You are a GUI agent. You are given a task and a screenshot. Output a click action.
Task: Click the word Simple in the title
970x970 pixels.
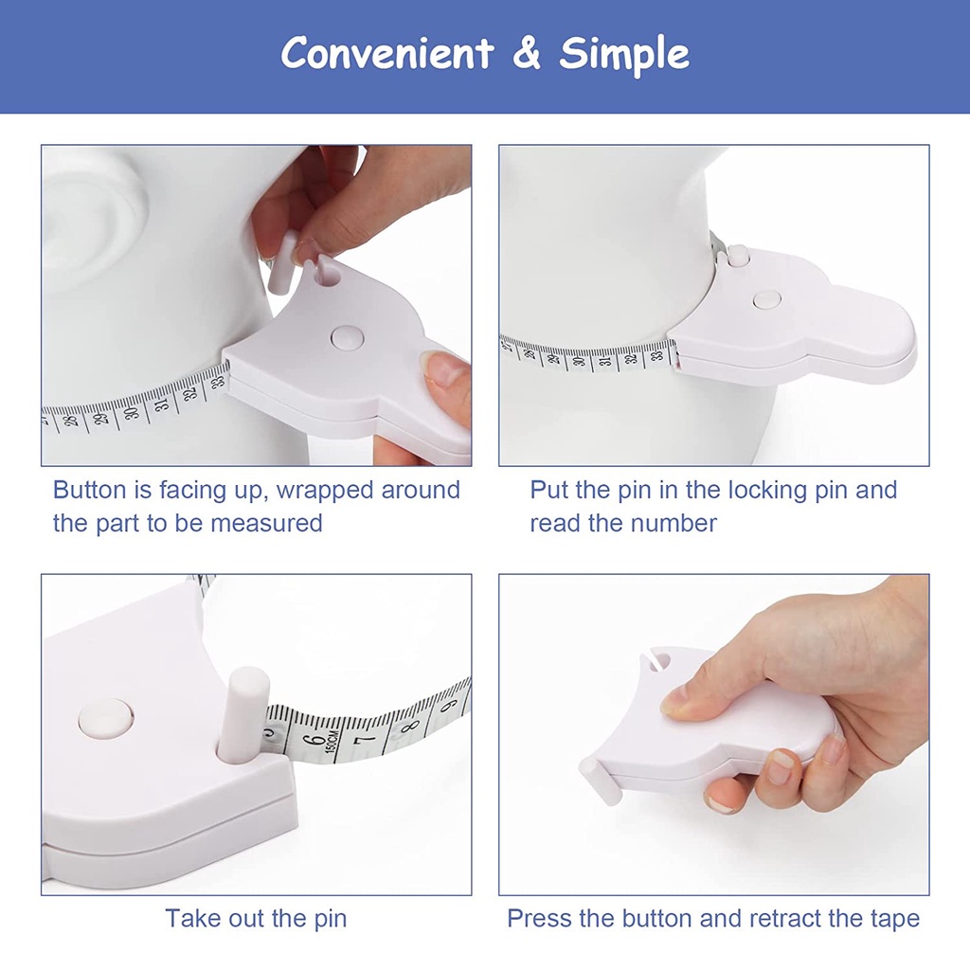pos(624,54)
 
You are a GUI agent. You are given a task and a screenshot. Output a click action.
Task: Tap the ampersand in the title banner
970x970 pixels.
pos(526,54)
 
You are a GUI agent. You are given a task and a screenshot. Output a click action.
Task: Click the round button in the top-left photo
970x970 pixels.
pos(347,336)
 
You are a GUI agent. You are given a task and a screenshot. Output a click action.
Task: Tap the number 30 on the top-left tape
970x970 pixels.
pos(133,409)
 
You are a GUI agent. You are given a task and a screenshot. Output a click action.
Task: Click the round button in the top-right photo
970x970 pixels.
pos(766,299)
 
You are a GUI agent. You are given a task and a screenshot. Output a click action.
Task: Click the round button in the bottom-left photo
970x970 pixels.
pos(105,717)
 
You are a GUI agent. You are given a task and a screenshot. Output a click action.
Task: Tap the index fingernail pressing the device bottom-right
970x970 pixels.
pos(676,701)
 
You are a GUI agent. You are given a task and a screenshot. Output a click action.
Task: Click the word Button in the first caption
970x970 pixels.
pos(89,490)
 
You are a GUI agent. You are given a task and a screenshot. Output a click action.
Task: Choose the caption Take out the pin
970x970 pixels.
pos(256,918)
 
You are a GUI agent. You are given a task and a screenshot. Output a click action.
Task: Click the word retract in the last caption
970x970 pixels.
pos(792,918)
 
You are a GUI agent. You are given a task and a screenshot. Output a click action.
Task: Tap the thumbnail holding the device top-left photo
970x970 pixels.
pos(444,368)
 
